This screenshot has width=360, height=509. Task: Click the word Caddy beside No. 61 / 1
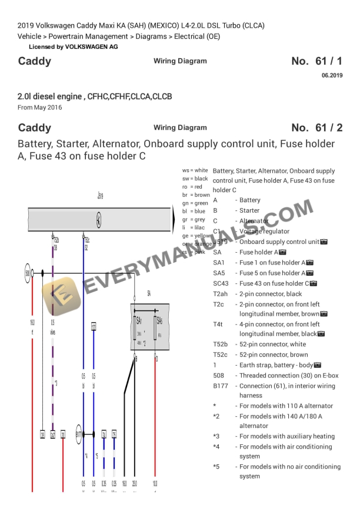pyautogui.click(x=35, y=61)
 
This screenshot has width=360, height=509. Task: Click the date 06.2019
pyautogui.click(x=332, y=75)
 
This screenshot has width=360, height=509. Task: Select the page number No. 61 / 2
pyautogui.click(x=316, y=128)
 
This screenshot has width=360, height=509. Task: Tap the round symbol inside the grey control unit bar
pyautogui.click(x=99, y=220)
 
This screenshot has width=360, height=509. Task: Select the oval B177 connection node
pyautogui.click(x=79, y=434)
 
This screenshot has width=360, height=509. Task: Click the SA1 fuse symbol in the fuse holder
pyautogui.click(x=139, y=328)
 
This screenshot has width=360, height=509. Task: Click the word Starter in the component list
pyautogui.click(x=249, y=210)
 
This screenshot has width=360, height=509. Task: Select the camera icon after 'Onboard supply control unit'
pyautogui.click(x=324, y=242)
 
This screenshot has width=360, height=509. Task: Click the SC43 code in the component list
pyautogui.click(x=221, y=283)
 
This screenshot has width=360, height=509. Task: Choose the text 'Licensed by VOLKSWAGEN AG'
pyautogui.click(x=73, y=46)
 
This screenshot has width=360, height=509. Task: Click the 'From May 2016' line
pyautogui.click(x=39, y=108)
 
